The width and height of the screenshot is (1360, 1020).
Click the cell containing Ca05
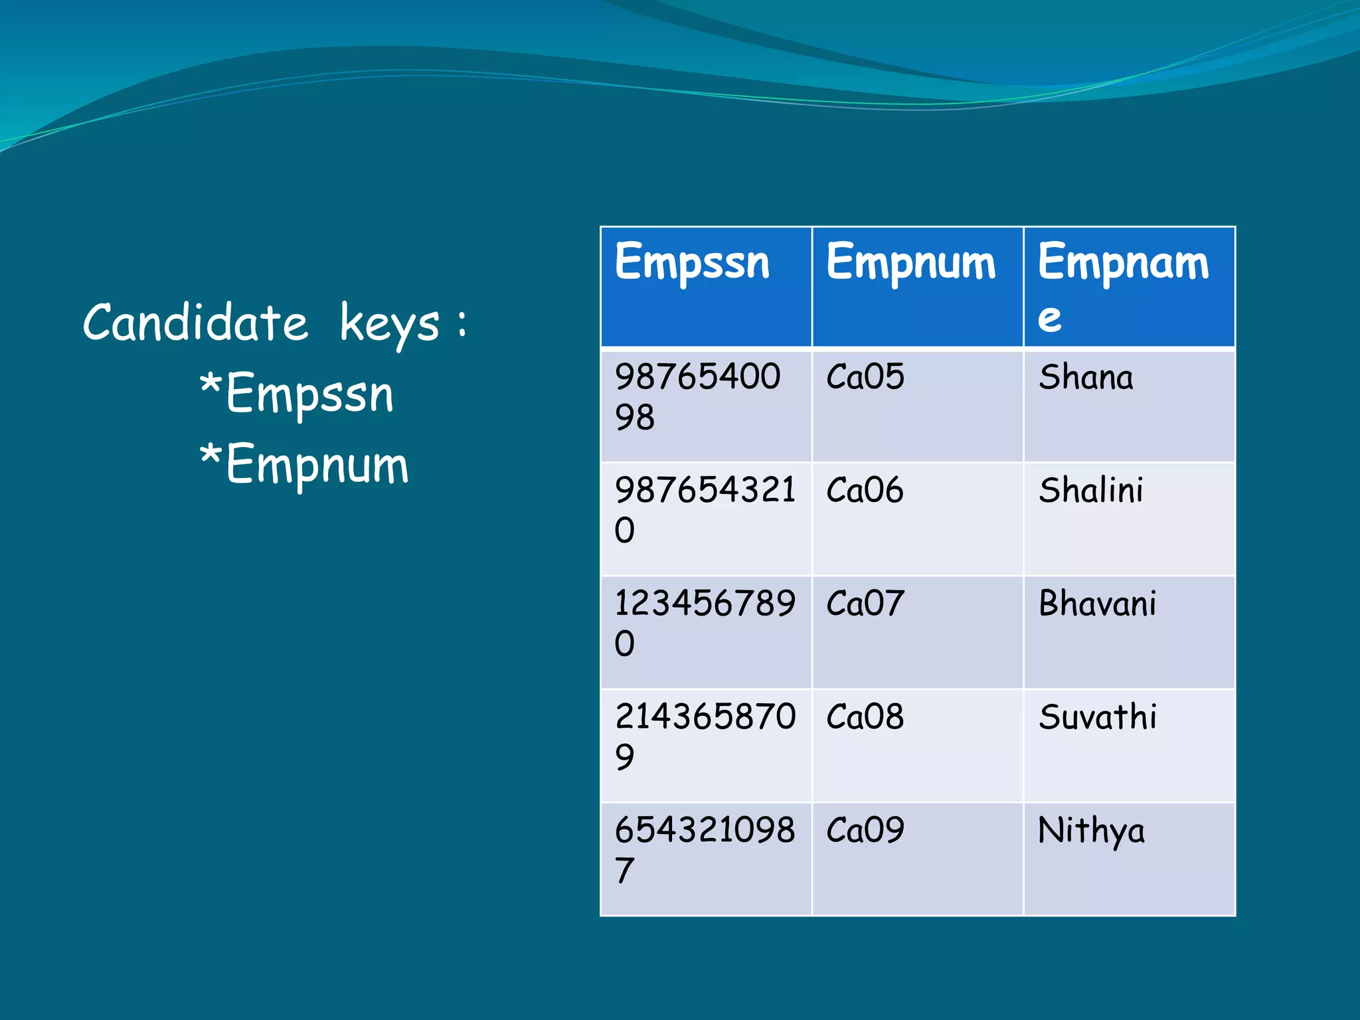[x=865, y=377]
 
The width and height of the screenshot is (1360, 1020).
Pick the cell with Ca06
[x=865, y=491]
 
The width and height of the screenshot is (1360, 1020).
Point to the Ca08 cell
[x=865, y=717]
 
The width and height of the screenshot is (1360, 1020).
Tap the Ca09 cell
[x=865, y=831]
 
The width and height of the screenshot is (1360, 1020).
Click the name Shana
[x=1086, y=377]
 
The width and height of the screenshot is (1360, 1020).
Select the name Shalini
[x=1091, y=491]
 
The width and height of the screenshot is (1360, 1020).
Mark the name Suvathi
[x=1097, y=717]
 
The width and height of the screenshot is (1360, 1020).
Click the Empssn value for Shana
[x=697, y=396]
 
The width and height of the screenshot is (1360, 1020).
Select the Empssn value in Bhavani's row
[x=704, y=622]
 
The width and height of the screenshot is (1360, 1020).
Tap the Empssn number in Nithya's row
[x=704, y=849]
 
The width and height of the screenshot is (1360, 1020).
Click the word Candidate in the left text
[x=195, y=323]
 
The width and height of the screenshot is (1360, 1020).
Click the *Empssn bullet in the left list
[x=296, y=394]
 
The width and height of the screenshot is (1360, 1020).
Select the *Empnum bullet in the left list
[x=304, y=464]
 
